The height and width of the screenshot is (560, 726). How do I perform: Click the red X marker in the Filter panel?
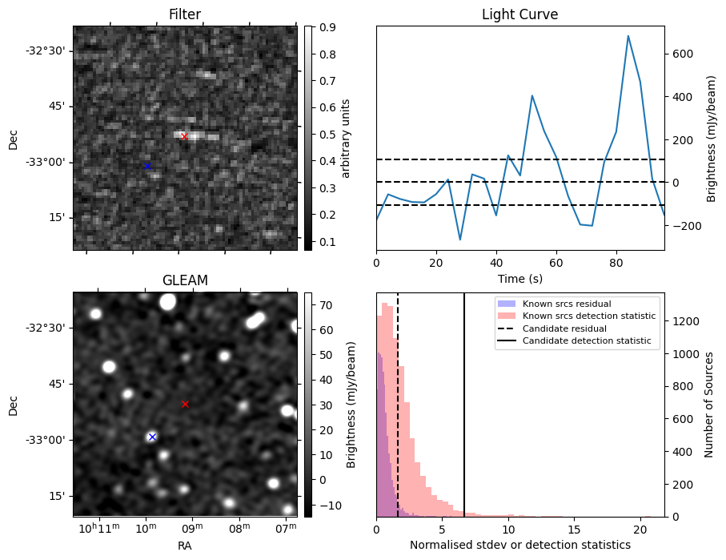[184, 136]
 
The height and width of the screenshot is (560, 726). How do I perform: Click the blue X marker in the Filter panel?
[147, 166]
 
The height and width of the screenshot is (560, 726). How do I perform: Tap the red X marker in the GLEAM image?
[185, 404]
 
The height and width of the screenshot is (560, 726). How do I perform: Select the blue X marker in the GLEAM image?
[152, 437]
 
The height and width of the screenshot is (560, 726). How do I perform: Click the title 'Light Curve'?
[519, 14]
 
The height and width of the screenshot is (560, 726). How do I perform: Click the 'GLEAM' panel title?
[184, 280]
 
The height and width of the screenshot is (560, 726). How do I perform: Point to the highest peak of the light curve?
[628, 36]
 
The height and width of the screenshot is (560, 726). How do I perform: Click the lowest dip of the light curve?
[460, 240]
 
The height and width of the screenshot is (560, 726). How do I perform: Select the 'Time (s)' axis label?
[519, 276]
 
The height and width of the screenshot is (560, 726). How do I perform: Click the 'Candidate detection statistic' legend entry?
[588, 342]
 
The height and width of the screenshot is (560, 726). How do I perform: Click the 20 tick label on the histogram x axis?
[640, 530]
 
